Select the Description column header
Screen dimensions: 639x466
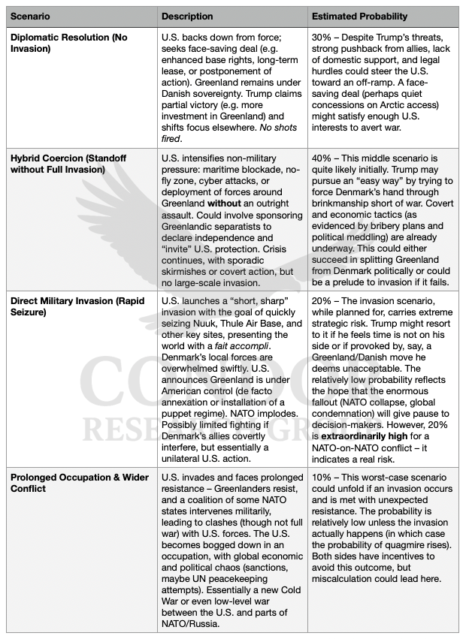tap(188, 16)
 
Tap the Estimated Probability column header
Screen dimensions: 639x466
tap(360, 16)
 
